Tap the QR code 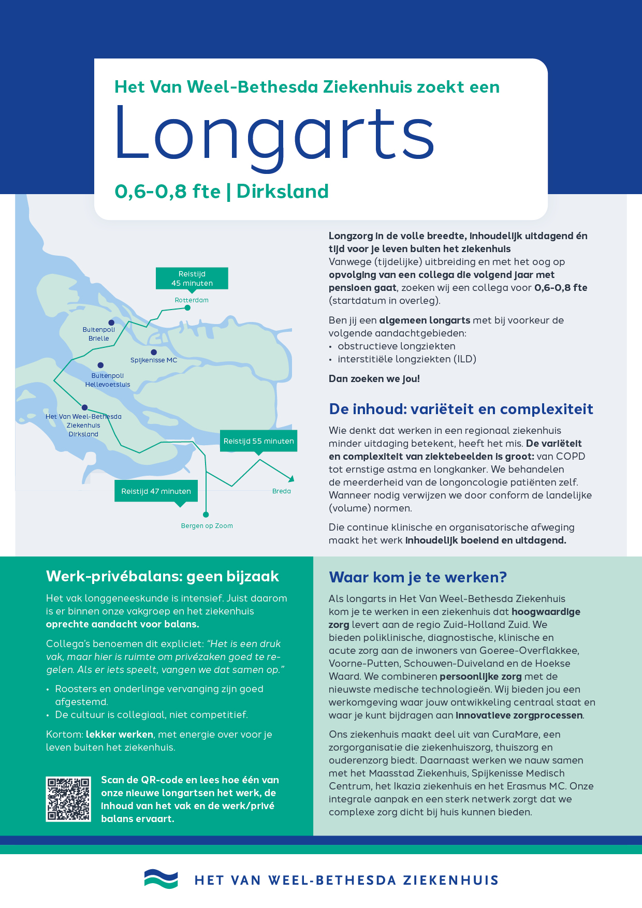point(68,799)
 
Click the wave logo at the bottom point(161,879)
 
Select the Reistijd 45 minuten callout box point(192,279)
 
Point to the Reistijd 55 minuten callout point(258,441)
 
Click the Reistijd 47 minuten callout point(156,491)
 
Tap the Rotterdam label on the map point(192,300)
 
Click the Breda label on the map point(282,491)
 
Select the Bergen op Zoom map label point(207,526)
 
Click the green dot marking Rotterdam point(188,308)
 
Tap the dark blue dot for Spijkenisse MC point(154,353)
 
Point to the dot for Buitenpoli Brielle point(111,323)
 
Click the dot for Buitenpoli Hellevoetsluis point(100,365)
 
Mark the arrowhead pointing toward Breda point(291,478)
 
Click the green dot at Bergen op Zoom point(206,515)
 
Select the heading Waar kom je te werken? point(418,577)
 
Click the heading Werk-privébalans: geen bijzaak point(163,576)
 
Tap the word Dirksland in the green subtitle point(282,192)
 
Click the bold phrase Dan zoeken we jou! point(374,379)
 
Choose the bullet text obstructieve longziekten point(397,346)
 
